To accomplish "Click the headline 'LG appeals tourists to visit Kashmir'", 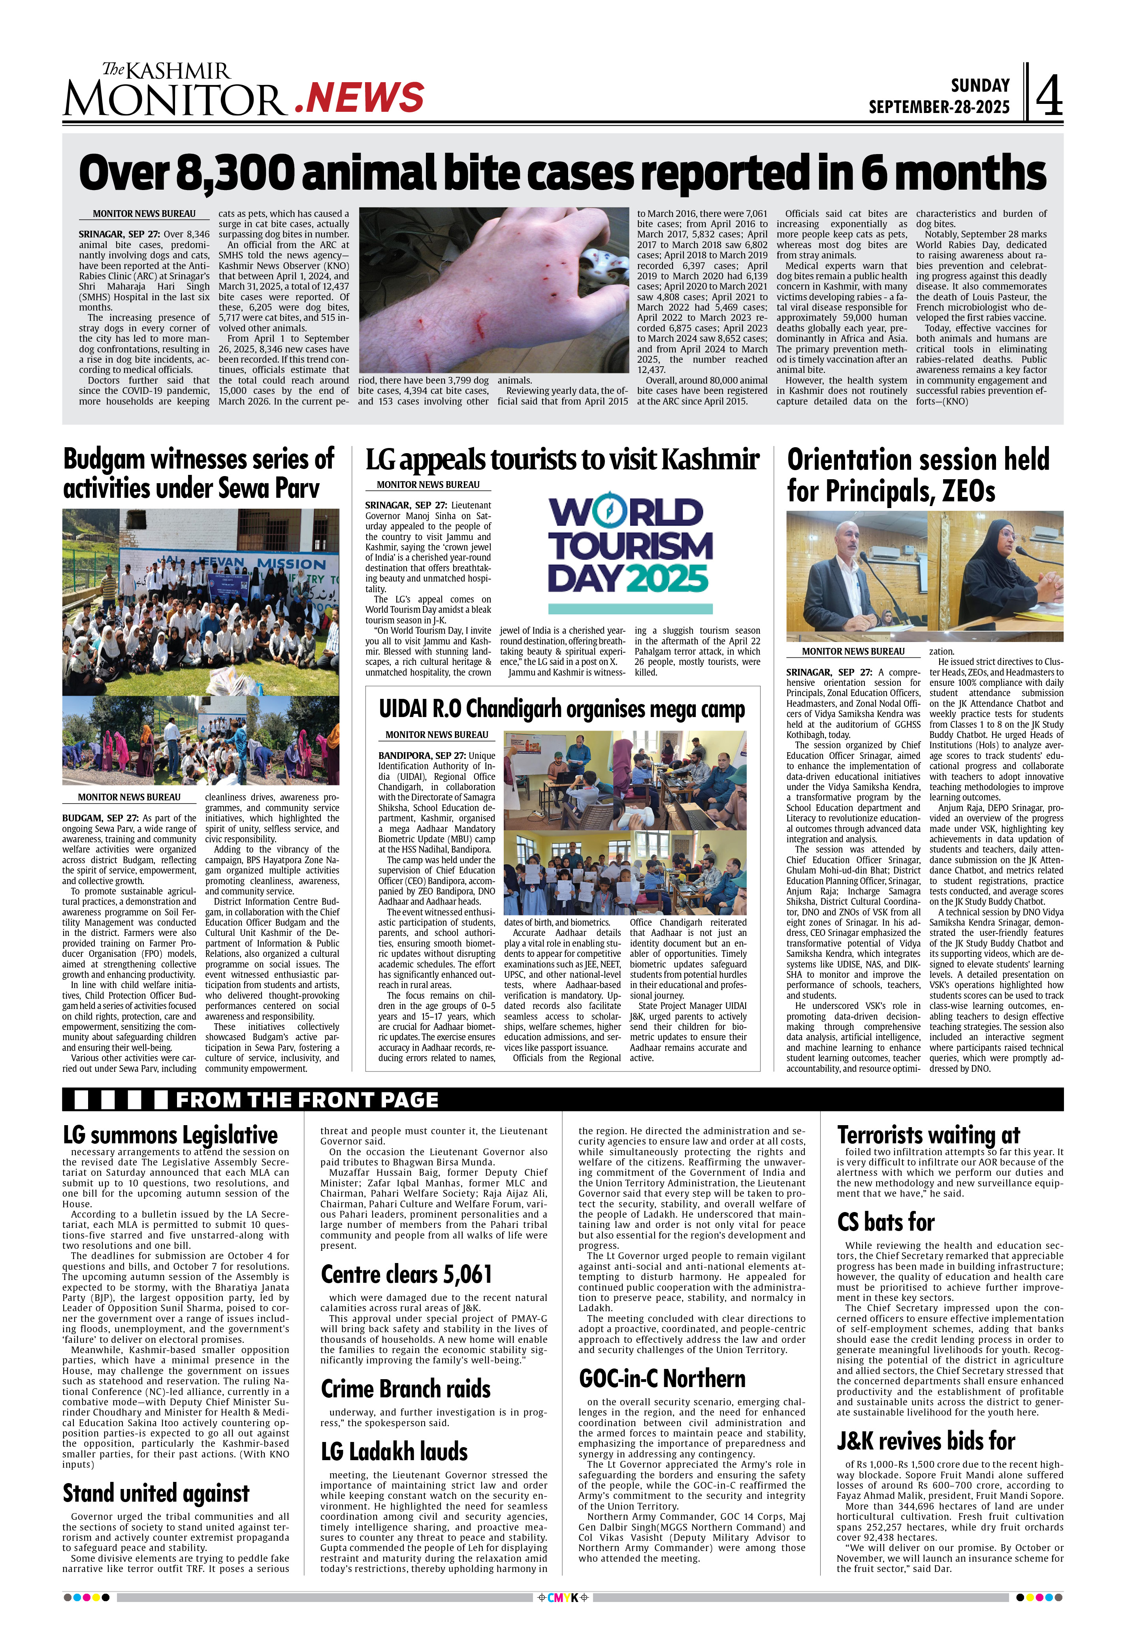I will click(562, 460).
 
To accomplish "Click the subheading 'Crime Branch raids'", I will click(406, 1389).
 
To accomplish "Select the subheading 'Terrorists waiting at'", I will click(928, 1135).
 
